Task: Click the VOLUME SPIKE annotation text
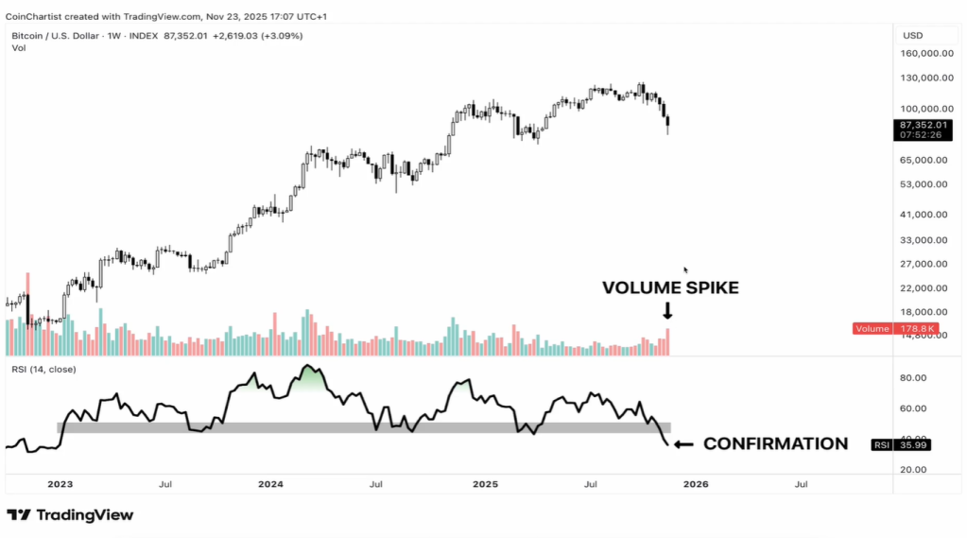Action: pyautogui.click(x=670, y=288)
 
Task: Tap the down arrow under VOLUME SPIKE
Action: pyautogui.click(x=667, y=310)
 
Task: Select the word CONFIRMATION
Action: pyautogui.click(x=775, y=443)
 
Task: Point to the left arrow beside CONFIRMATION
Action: pyautogui.click(x=683, y=443)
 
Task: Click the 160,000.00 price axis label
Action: pyautogui.click(x=925, y=53)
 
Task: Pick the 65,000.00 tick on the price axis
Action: pyautogui.click(x=925, y=160)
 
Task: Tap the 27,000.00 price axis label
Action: pyautogui.click(x=925, y=264)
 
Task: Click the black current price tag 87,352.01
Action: pyautogui.click(x=922, y=125)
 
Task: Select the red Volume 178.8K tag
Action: pyautogui.click(x=892, y=328)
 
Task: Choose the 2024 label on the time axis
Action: pyautogui.click(x=270, y=484)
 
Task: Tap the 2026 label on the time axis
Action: pyautogui.click(x=696, y=484)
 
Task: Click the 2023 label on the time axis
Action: pyautogui.click(x=60, y=484)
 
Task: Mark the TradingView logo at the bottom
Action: pyautogui.click(x=71, y=515)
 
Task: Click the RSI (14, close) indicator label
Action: pyautogui.click(x=42, y=369)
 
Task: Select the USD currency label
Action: pyautogui.click(x=912, y=36)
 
